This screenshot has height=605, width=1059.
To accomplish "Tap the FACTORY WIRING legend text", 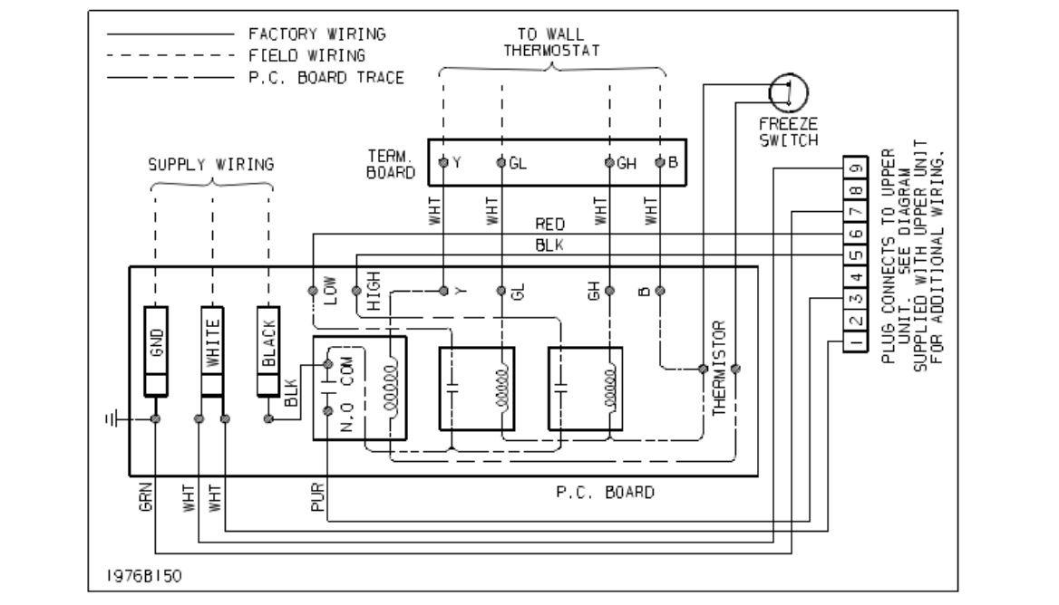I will click(x=316, y=34).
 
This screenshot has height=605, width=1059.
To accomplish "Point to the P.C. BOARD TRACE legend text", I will click(x=326, y=78).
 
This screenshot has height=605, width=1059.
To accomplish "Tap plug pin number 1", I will click(x=854, y=342).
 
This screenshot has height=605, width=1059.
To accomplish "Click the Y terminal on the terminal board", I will click(x=443, y=163).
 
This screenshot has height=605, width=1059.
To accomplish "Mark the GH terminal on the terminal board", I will click(x=610, y=163).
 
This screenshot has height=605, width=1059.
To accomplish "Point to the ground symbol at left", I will click(x=112, y=420).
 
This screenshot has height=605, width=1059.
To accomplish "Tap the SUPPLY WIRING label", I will click(x=211, y=166).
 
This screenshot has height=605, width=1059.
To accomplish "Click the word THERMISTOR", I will click(x=718, y=368).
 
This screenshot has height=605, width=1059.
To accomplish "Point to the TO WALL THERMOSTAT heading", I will click(x=550, y=42).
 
